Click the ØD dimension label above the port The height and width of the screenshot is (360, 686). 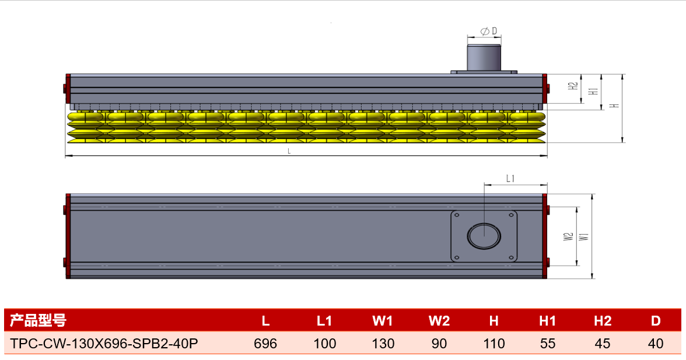[x=489, y=31]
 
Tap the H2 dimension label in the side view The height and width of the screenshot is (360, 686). [x=573, y=86]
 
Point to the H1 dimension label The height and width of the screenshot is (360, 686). [x=593, y=92]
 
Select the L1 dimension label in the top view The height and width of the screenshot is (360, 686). [x=510, y=179]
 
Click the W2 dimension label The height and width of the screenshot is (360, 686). [x=568, y=237]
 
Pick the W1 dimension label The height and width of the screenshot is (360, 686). [x=583, y=237]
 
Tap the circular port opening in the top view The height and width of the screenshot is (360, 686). [x=484, y=236]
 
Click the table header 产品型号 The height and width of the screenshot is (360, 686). [x=38, y=321]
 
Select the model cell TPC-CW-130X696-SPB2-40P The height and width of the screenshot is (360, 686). [x=104, y=344]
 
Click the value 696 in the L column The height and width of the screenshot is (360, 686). [x=265, y=344]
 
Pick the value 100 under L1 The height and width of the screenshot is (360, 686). [x=324, y=344]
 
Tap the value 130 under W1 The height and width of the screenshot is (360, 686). [x=383, y=344]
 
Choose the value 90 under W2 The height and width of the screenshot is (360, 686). [x=439, y=344]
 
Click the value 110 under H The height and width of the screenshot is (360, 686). [x=494, y=344]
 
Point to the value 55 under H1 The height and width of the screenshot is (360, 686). [x=548, y=344]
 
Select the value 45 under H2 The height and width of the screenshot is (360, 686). [x=603, y=344]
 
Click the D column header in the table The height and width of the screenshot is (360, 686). [x=656, y=321]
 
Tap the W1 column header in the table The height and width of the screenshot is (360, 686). [x=383, y=321]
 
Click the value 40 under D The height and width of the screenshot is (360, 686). [x=656, y=344]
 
